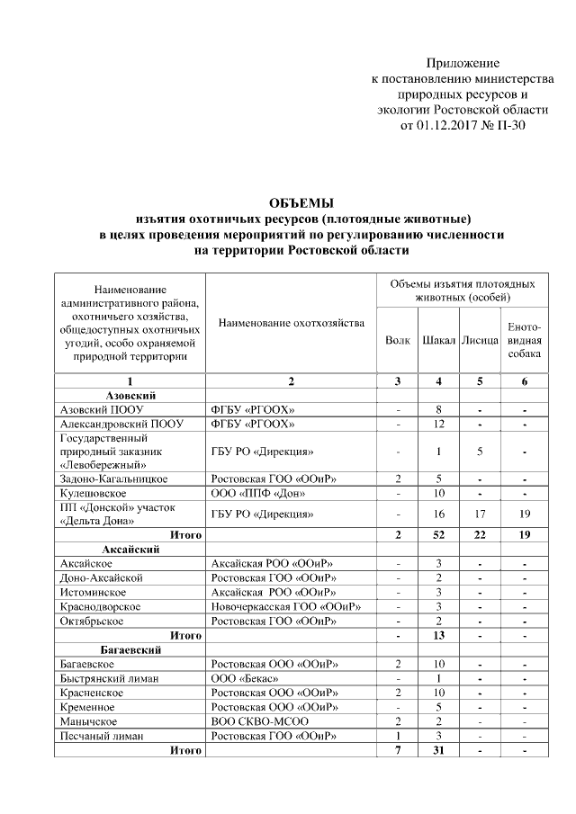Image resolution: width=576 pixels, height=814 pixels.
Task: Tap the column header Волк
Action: point(397,341)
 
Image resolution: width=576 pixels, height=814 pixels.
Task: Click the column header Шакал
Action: point(438,341)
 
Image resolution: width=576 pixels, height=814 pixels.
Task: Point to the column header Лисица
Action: point(480,341)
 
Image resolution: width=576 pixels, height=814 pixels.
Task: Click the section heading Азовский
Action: point(131,395)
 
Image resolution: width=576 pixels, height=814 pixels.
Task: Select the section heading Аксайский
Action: point(132,549)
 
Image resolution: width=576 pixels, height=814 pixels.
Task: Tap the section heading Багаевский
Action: point(132,649)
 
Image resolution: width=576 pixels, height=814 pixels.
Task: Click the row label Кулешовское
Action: point(92,493)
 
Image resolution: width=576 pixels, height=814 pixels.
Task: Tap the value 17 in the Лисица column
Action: point(480,514)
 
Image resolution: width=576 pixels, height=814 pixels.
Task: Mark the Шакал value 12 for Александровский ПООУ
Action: point(438,423)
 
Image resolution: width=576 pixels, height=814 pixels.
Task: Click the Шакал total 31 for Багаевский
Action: point(438,750)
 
